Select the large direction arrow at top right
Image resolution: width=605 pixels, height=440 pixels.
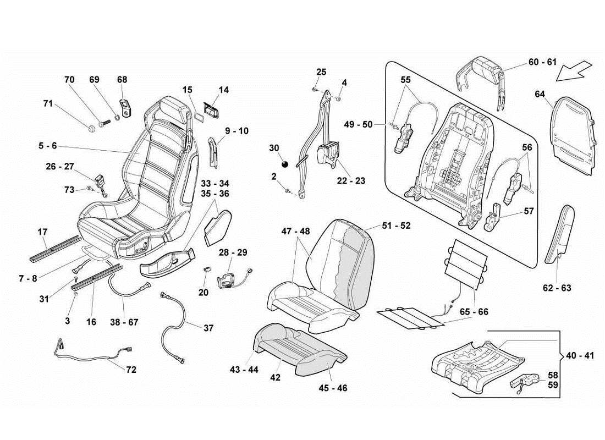pyautogui.click(x=573, y=69)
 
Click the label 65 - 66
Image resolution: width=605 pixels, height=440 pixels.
pyautogui.click(x=474, y=312)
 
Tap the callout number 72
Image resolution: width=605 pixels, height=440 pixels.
pyautogui.click(x=130, y=370)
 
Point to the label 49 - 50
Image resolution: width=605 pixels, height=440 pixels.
pyautogui.click(x=359, y=124)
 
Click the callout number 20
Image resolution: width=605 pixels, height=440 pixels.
pyautogui.click(x=203, y=293)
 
